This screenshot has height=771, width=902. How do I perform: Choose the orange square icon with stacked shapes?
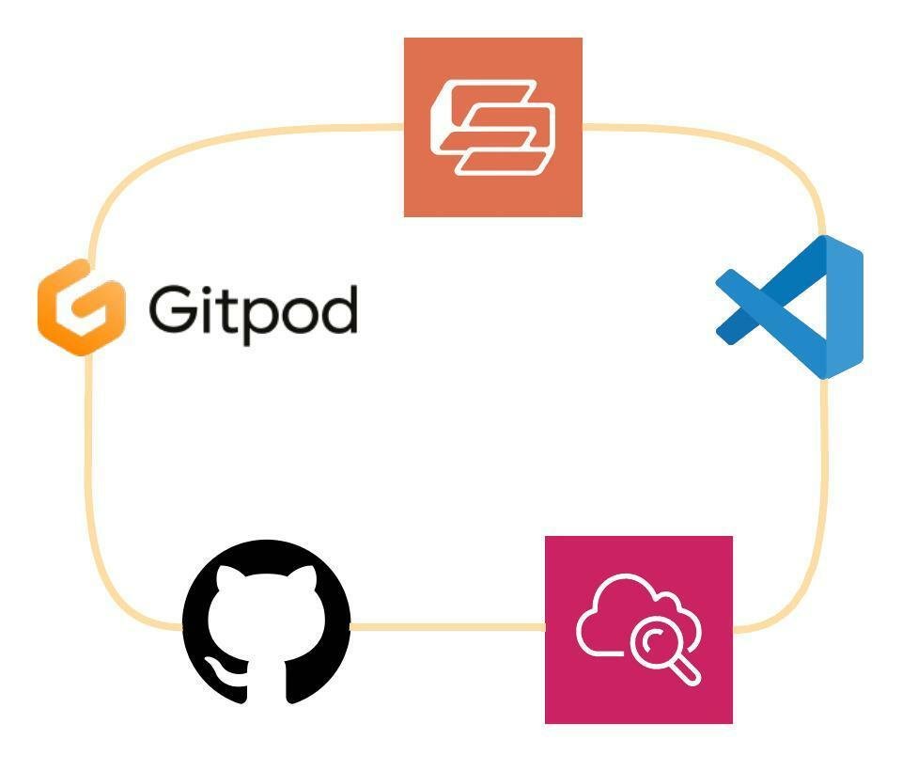(492, 127)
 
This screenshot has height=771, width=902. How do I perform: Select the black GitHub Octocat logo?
(266, 622)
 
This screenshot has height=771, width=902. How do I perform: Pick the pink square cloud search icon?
(638, 629)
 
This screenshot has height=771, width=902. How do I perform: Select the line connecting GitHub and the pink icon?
(447, 625)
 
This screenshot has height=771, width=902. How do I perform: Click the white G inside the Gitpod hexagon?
(82, 307)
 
